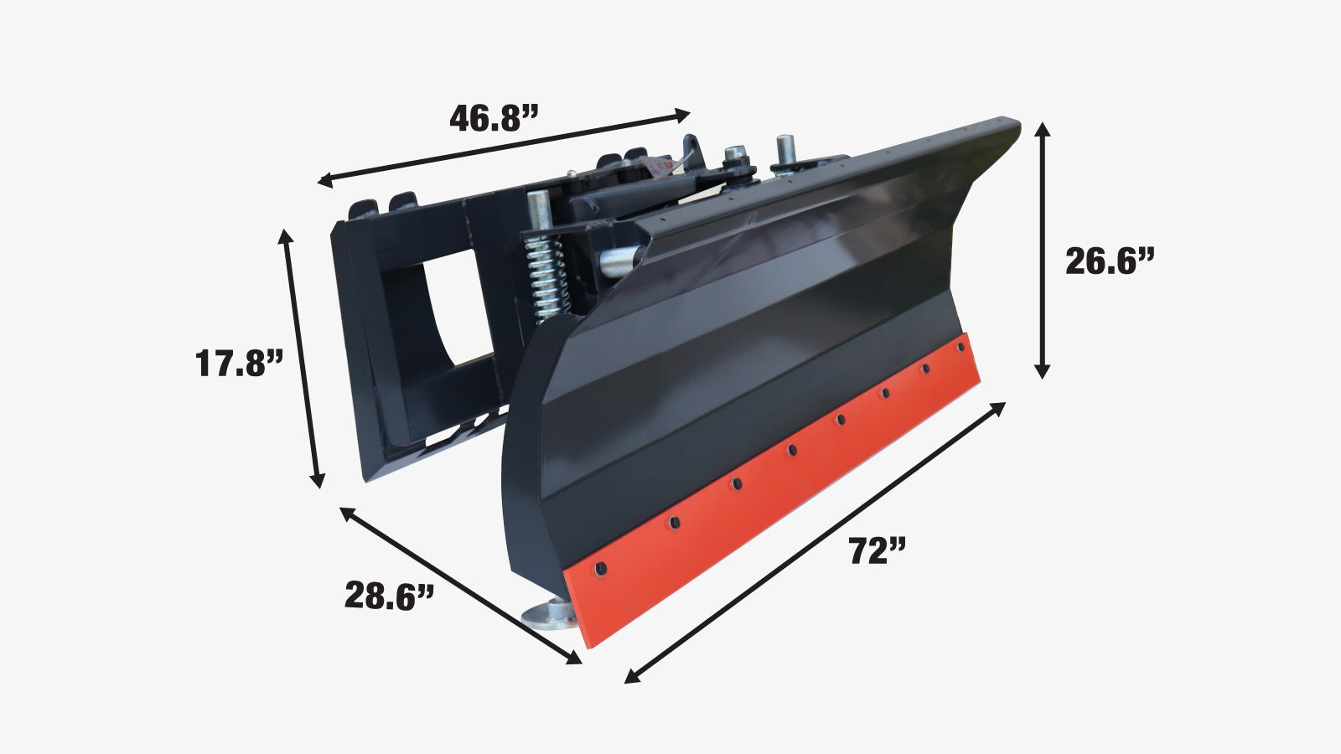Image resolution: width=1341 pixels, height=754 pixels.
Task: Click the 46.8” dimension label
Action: [494, 118]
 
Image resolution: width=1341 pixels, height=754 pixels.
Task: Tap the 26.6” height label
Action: [1110, 261]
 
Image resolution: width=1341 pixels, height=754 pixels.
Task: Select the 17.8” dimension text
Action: [239, 363]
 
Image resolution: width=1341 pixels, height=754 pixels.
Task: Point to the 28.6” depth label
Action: [388, 596]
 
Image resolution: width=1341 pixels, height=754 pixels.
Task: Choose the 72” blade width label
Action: [877, 550]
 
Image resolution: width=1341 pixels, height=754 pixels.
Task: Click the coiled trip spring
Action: [546, 276]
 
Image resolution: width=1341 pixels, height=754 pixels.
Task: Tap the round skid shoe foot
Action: [550, 615]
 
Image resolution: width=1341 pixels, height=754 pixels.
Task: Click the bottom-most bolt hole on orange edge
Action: [600, 569]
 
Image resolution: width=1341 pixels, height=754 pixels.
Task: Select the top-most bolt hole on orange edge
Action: [960, 347]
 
